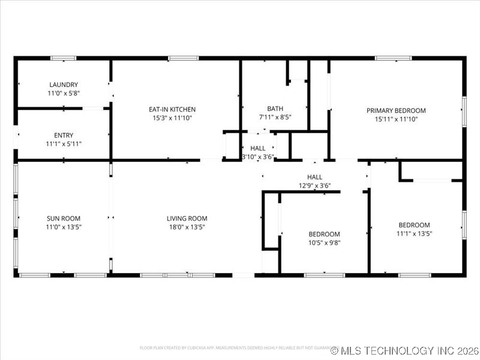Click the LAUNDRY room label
[x=64, y=85]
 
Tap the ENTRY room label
[x=64, y=136]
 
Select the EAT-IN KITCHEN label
[x=172, y=109]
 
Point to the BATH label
[x=267, y=109]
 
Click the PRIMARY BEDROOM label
[x=396, y=110]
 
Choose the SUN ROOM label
[x=64, y=218]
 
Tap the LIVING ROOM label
[x=187, y=218]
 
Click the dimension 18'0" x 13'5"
[x=187, y=227]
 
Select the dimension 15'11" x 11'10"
[x=396, y=119]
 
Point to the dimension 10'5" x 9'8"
[x=324, y=242]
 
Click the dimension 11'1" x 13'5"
[x=414, y=233]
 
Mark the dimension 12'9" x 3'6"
[x=314, y=185]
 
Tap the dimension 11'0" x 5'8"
[x=64, y=94]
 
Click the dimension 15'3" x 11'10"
[x=172, y=118]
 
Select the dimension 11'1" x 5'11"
[x=64, y=144]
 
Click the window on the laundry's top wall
[x=63, y=58]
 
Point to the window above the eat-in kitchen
[x=183, y=58]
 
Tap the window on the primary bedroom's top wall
[x=393, y=58]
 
